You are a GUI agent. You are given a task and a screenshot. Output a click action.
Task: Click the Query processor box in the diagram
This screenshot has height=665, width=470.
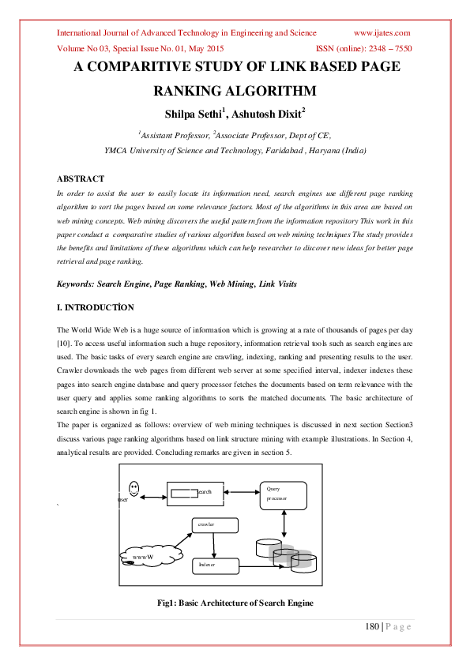tap(282, 495)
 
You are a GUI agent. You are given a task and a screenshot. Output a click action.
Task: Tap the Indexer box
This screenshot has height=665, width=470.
tap(216, 565)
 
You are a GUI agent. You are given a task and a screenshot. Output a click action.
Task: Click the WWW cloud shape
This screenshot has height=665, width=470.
tap(150, 555)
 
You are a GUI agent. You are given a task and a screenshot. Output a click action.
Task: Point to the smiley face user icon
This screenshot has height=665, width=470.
tap(133, 488)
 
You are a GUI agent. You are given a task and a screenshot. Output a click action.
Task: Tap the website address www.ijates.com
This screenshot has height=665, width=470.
tap(382, 33)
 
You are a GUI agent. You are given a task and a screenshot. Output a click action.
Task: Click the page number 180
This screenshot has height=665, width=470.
tap(371, 626)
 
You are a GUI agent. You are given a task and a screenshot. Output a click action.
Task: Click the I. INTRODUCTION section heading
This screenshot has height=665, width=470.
tap(96, 307)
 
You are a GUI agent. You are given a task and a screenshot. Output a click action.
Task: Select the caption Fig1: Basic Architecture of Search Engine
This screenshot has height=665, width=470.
tap(235, 603)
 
